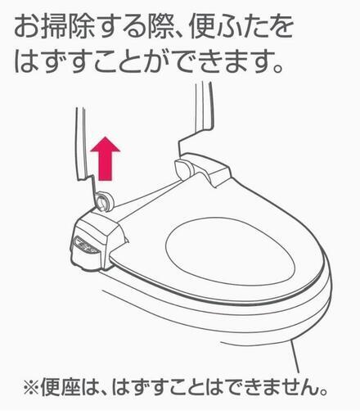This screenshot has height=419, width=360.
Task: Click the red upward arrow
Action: click(106, 159)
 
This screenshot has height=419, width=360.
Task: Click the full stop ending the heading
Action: click(277, 68)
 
